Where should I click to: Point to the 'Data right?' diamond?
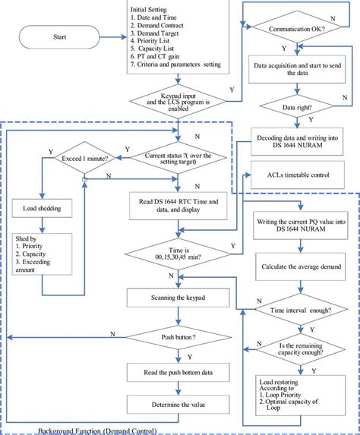[299, 108]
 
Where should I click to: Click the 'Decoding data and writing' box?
[299, 140]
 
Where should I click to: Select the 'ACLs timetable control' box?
[299, 175]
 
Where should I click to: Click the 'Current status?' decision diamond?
[178, 160]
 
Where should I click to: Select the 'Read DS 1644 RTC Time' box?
[178, 206]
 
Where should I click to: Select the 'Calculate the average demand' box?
[299, 266]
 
